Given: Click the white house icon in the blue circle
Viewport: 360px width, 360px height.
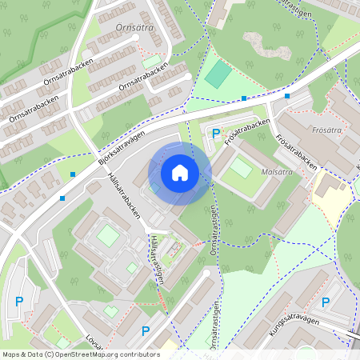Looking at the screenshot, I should (x=180, y=173).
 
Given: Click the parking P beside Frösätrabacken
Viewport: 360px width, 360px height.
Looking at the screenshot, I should (x=214, y=134).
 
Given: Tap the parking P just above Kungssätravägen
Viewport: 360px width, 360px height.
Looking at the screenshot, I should (x=326, y=302).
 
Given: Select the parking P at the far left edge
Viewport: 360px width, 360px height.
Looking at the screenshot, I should (x=19, y=301).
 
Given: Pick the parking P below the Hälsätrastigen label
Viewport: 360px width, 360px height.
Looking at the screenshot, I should (x=146, y=330).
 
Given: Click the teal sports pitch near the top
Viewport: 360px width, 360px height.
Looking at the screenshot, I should (x=218, y=75).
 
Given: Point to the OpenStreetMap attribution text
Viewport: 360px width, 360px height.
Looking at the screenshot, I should (x=80, y=354).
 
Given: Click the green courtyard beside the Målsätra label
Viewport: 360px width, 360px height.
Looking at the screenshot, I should (x=241, y=168).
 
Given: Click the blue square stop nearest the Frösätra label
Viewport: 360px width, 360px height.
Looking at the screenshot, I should (x=286, y=96).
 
